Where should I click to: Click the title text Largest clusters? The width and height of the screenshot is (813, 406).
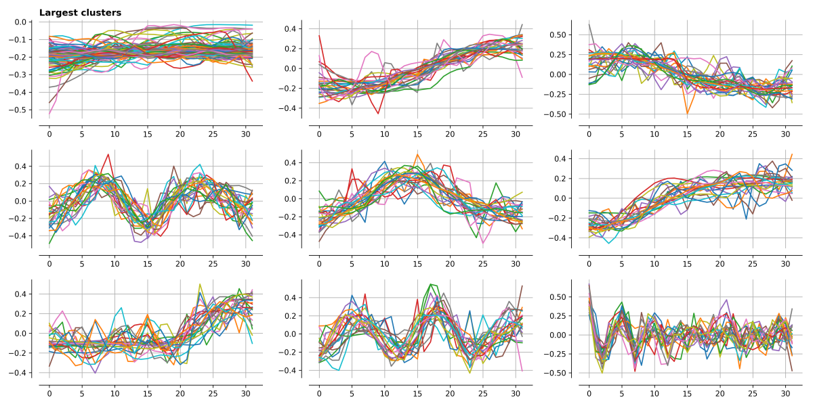[80, 13]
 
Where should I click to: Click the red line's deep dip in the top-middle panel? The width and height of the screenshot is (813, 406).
[378, 113]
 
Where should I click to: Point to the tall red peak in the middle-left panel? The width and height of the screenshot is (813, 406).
[108, 154]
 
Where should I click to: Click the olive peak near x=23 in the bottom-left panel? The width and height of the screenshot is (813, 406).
[200, 285]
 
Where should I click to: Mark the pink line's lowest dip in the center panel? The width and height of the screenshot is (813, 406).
[484, 243]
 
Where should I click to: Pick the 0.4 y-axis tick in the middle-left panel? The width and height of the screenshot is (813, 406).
[20, 166]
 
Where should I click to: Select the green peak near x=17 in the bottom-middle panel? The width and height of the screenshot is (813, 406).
[430, 284]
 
